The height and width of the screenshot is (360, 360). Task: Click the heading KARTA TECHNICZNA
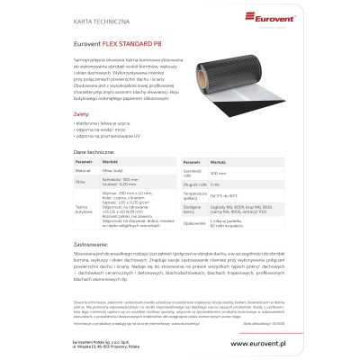pyautogui.click(x=94, y=15)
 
